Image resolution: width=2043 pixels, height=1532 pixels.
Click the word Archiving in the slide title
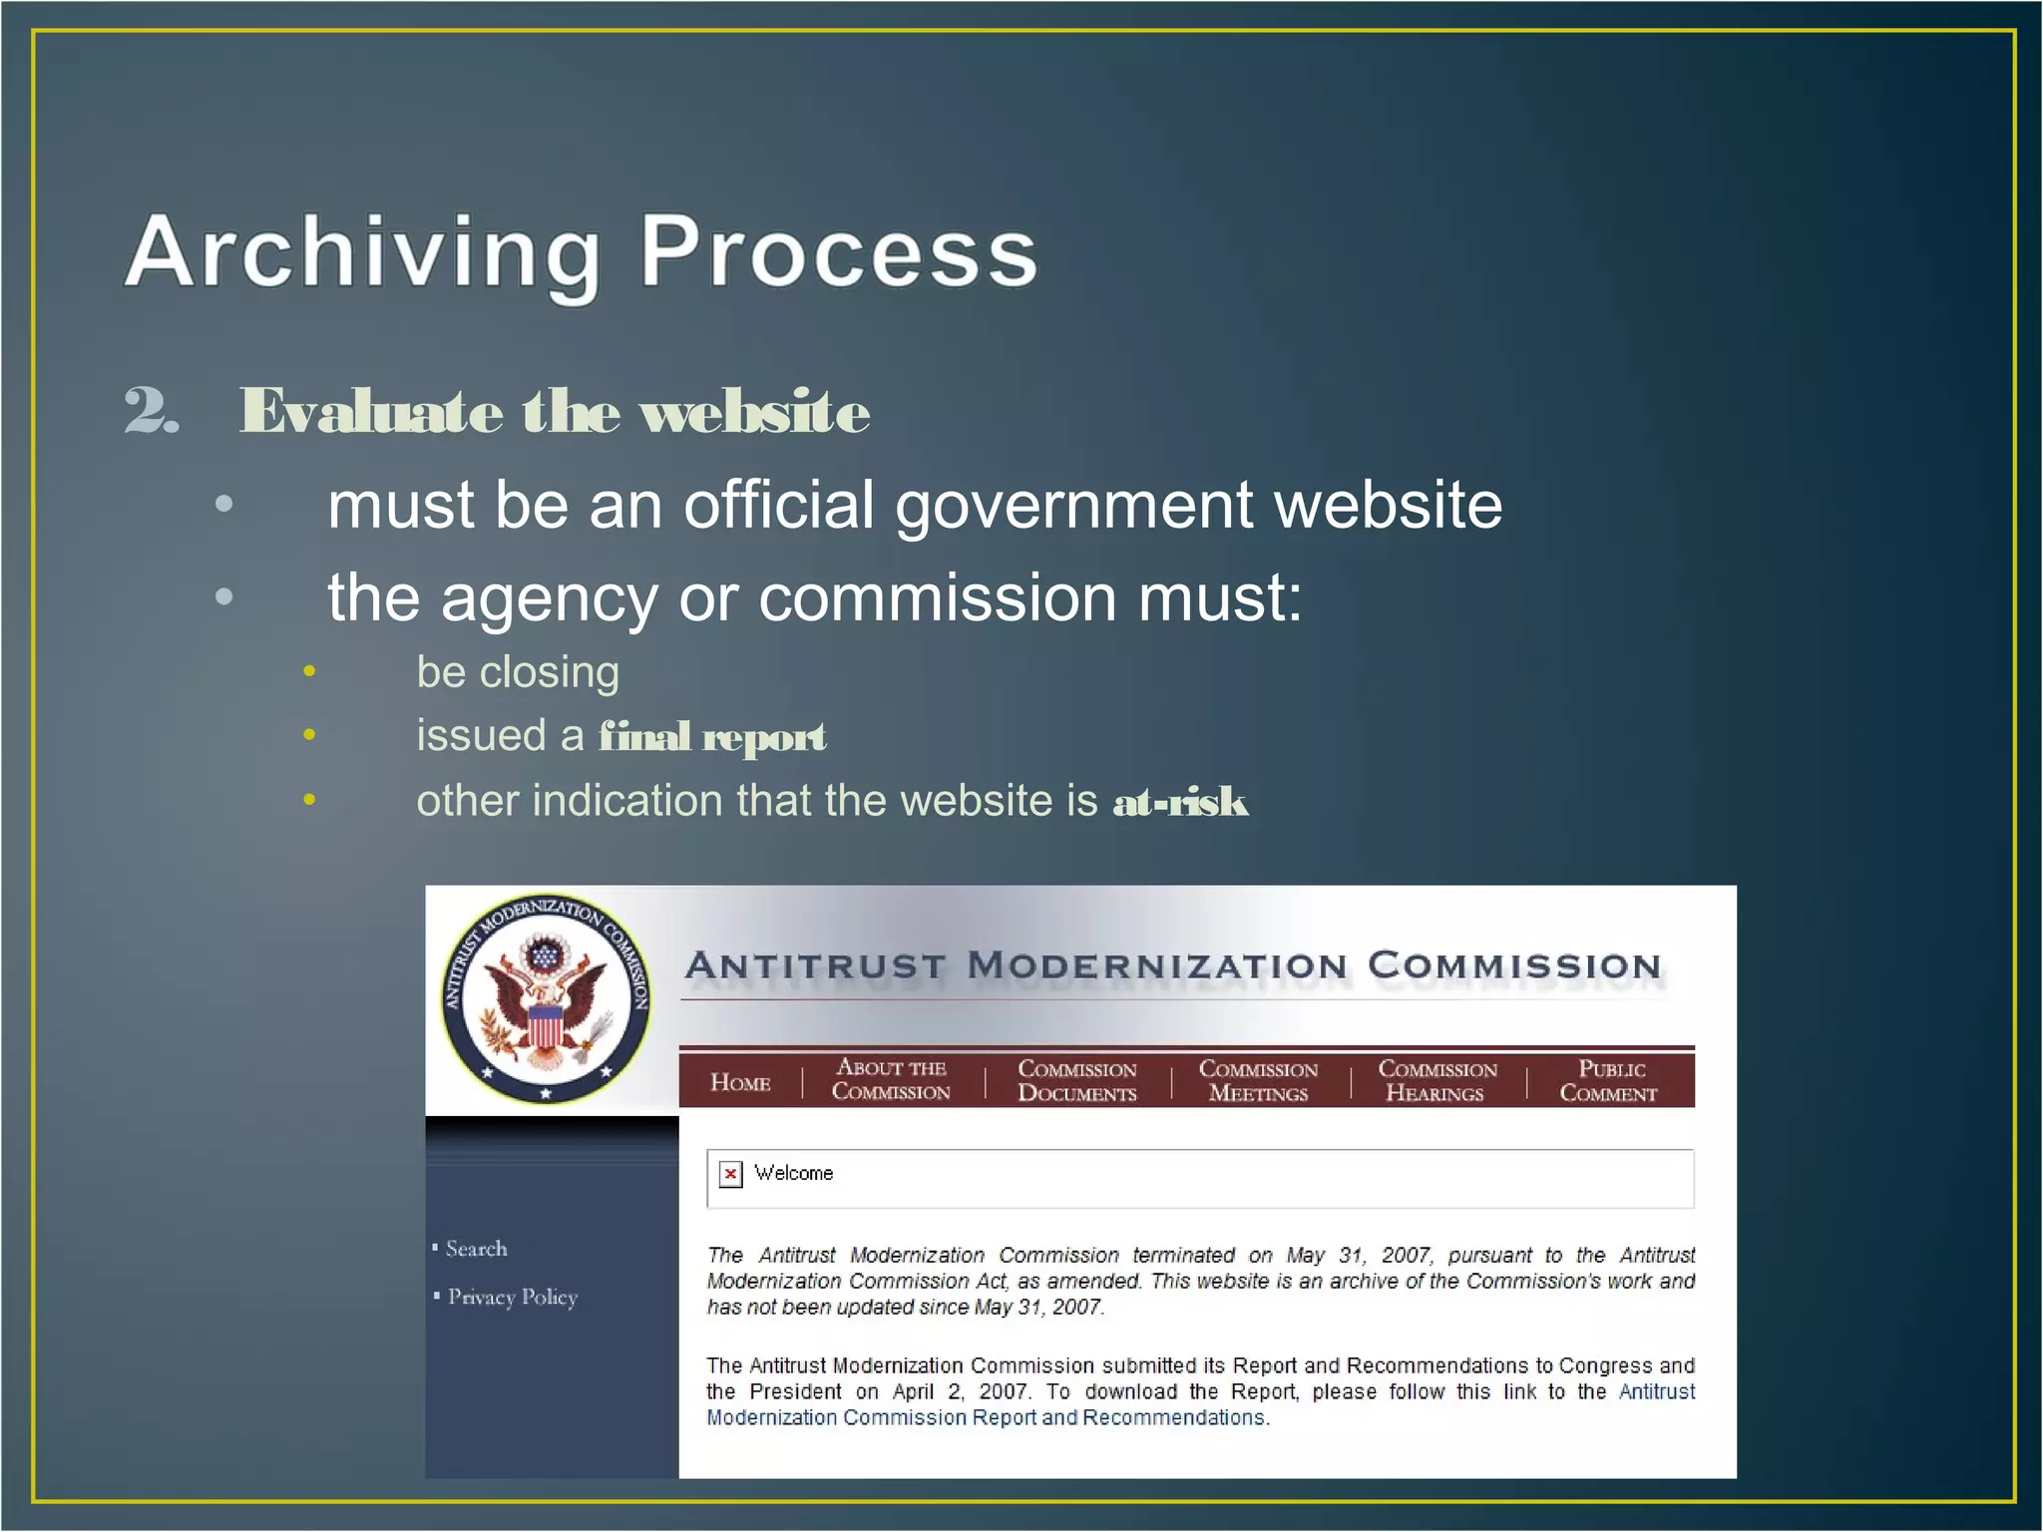tap(361, 253)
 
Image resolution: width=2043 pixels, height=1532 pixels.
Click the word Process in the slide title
tap(838, 253)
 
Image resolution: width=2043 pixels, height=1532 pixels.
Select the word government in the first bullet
tap(1073, 506)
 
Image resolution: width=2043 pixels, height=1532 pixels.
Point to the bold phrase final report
tap(712, 737)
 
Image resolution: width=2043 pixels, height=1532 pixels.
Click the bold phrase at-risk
tap(1180, 802)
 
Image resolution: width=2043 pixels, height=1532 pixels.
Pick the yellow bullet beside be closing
tap(309, 672)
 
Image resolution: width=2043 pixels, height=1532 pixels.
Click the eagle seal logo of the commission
tap(546, 998)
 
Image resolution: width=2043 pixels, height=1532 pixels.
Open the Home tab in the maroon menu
tap(740, 1082)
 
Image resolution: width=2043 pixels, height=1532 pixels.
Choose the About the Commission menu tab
tap(891, 1080)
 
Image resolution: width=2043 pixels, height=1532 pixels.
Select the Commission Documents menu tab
tap(1076, 1081)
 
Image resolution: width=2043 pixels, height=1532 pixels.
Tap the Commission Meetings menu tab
tap(1258, 1081)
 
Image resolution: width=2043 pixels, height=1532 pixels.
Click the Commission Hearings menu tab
tap(1436, 1081)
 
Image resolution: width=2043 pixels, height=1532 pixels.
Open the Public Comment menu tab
tap(1609, 1081)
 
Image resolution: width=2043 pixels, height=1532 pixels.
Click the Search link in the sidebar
tap(476, 1249)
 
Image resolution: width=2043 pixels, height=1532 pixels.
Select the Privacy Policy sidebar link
tap(512, 1297)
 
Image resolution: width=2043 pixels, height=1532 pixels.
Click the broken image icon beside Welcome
tap(731, 1174)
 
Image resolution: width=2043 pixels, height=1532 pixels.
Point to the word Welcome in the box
tap(793, 1173)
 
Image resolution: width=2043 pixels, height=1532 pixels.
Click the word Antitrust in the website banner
tap(815, 965)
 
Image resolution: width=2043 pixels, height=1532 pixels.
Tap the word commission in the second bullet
tap(938, 598)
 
